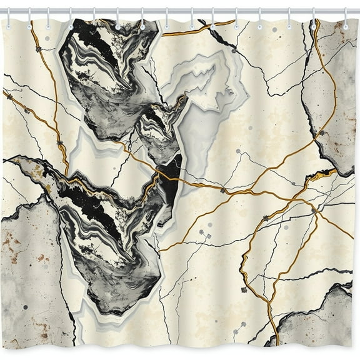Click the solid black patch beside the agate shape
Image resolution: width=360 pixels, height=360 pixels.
pyautogui.click(x=170, y=178)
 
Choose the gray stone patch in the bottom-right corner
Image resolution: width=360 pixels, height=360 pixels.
pyautogui.click(x=319, y=319)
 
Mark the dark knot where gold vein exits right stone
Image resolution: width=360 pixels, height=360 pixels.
pyautogui.click(x=321, y=133)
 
